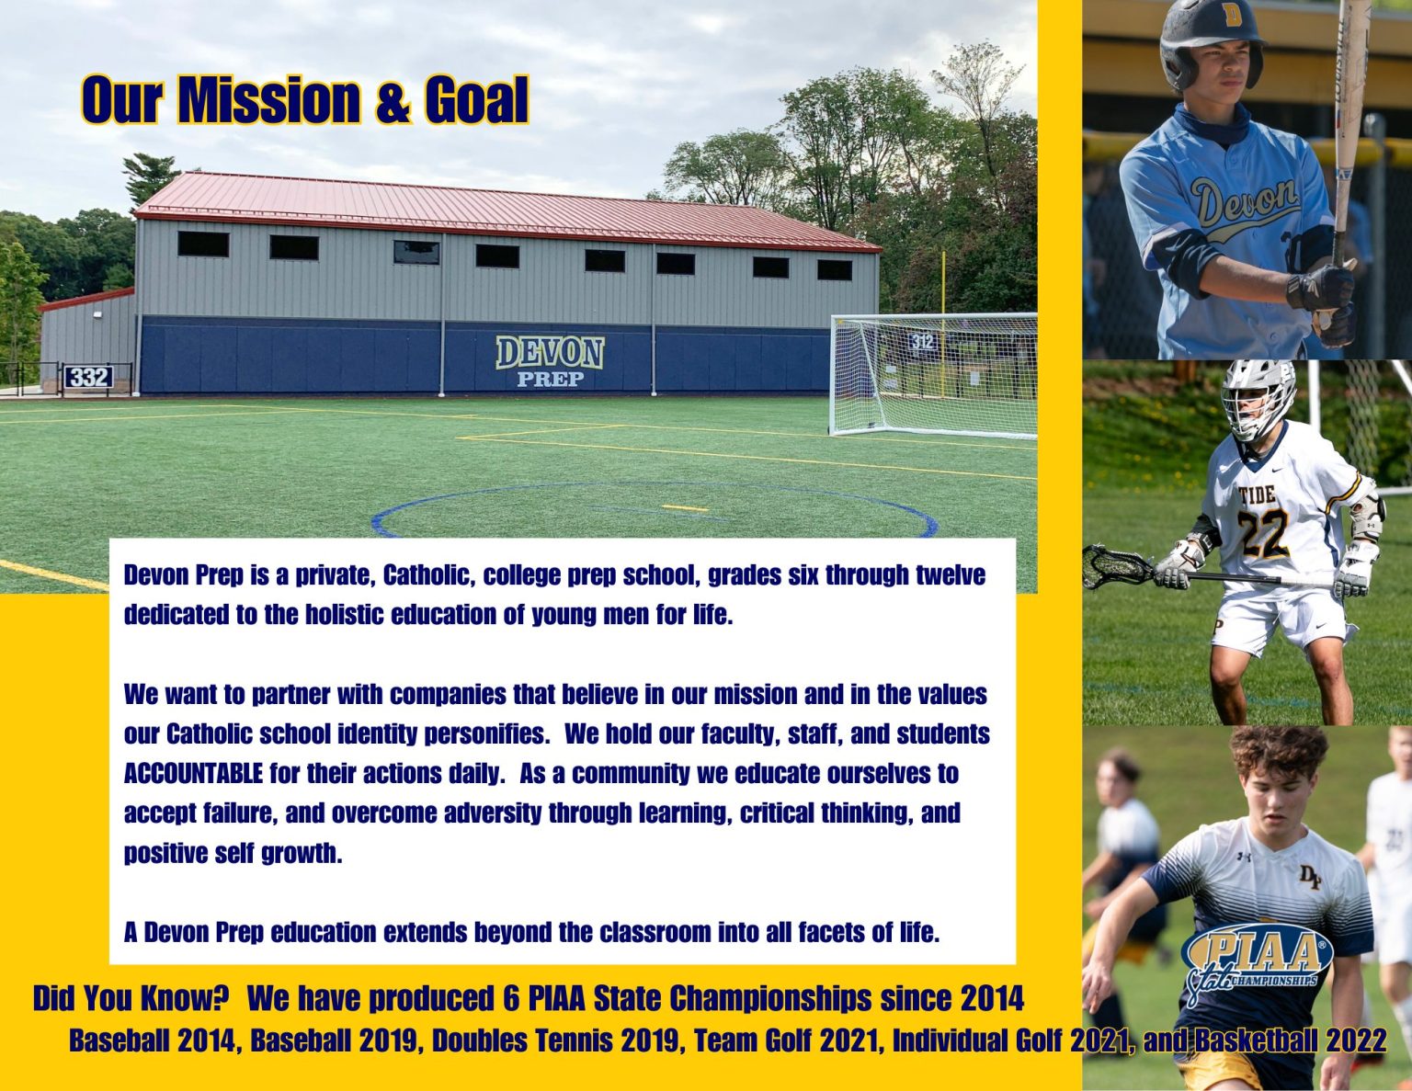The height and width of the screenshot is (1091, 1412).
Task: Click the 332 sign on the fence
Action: (88, 377)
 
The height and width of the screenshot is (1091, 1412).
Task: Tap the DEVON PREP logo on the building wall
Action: (550, 360)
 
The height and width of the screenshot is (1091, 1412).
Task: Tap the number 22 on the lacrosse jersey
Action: (1263, 533)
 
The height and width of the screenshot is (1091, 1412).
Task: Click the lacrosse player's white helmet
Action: (1258, 397)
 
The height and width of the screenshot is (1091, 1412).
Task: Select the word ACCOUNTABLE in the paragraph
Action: (193, 773)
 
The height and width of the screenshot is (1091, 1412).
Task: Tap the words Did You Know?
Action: (131, 997)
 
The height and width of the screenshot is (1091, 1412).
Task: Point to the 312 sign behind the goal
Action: (922, 342)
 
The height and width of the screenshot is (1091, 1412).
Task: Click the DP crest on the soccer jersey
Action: (1309, 878)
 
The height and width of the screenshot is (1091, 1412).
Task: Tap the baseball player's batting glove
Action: (1320, 290)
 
